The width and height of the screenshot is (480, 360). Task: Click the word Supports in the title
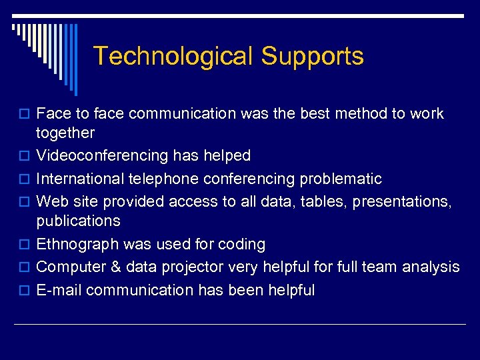pyautogui.click(x=312, y=56)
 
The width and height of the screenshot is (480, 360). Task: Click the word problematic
pyautogui.click(x=341, y=179)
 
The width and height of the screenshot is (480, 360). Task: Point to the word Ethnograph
pyautogui.click(x=77, y=245)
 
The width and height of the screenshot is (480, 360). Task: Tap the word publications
pyautogui.click(x=78, y=221)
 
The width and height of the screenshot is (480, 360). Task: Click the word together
pyautogui.click(x=65, y=133)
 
